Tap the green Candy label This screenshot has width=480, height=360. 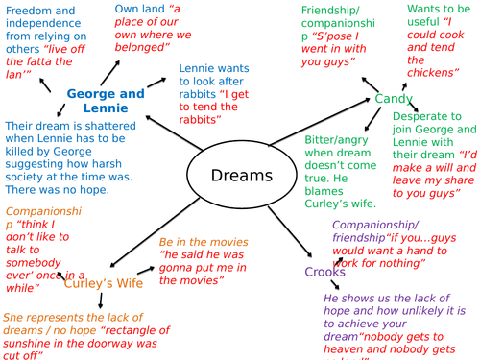pos(394,99)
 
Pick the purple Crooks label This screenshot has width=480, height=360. pos(324,273)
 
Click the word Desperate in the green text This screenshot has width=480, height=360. pos(423,112)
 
